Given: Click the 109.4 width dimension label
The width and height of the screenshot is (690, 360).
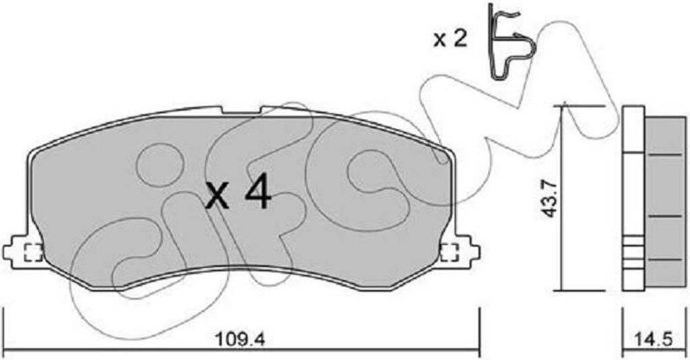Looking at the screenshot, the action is click(241, 340).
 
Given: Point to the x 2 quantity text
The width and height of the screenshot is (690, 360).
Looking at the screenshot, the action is click(449, 40).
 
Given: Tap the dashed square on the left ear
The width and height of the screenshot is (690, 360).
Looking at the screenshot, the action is click(34, 253).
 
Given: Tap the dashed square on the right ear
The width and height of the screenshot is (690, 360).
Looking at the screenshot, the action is click(449, 253).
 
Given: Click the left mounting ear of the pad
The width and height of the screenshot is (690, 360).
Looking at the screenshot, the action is click(23, 252).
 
